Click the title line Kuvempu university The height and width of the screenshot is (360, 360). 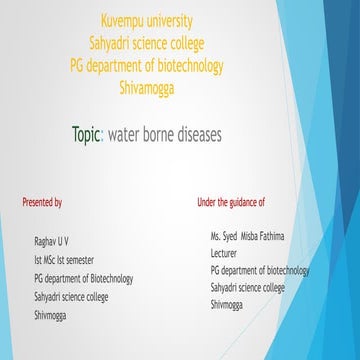pos(148,20)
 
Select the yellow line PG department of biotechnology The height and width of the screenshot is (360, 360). pos(148,65)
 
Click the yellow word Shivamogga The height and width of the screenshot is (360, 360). pos(148,87)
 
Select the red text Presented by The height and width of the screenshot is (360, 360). pos(42,202)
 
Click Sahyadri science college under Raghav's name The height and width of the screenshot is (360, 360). pos(71,297)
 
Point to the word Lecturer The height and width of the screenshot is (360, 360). pos(224,254)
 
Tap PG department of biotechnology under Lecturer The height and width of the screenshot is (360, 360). pos(260,271)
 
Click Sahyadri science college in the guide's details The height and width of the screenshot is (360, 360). pos(247,288)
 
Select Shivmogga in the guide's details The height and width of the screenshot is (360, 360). pos(229,305)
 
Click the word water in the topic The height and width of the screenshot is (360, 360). pos(127,134)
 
